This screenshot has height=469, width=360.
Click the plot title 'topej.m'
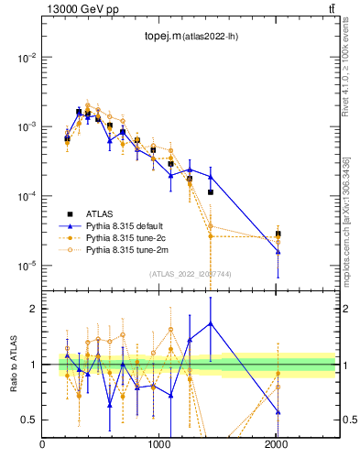point(162,36)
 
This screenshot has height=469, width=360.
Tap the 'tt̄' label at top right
point(331,9)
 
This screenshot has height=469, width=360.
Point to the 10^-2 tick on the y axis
point(27,57)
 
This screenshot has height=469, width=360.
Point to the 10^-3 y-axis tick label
point(27,126)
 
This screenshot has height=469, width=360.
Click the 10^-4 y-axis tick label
point(27,196)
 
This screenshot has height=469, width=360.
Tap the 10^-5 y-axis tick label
point(27,266)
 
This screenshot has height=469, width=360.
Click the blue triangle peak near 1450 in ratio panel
point(211,323)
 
